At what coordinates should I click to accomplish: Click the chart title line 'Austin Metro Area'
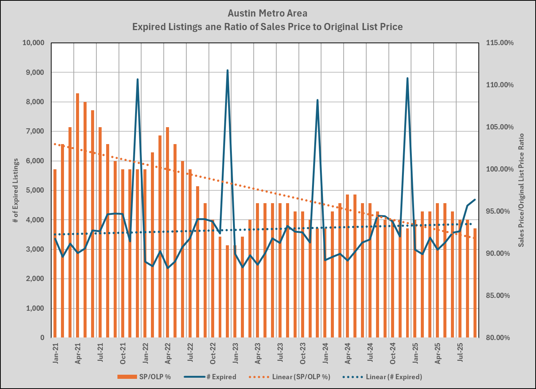pos(267,14)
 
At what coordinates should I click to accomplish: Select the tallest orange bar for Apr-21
pos(78,214)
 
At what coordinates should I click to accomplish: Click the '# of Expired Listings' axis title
pos(15,190)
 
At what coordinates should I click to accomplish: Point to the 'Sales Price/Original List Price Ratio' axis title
pos(521,190)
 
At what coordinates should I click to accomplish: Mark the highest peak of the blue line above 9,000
pos(227,70)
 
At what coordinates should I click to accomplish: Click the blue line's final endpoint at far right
pos(475,200)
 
